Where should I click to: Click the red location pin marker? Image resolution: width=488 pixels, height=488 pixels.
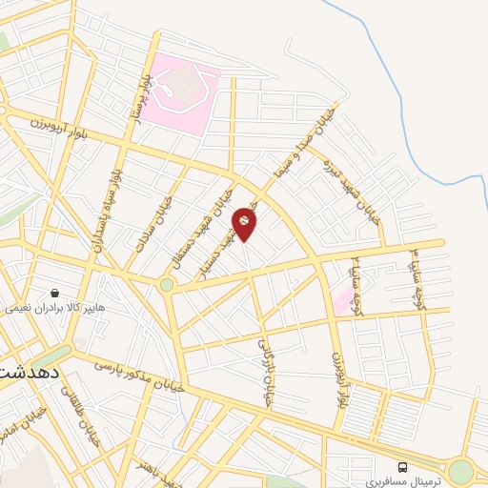(x=245, y=222)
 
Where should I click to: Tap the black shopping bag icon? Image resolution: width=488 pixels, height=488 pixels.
(x=56, y=294)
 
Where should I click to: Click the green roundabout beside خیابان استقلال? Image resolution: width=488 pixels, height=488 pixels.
(x=168, y=283)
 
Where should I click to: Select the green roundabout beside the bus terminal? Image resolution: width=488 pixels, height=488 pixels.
(x=461, y=471)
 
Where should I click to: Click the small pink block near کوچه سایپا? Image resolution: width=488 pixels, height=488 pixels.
(x=342, y=301)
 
